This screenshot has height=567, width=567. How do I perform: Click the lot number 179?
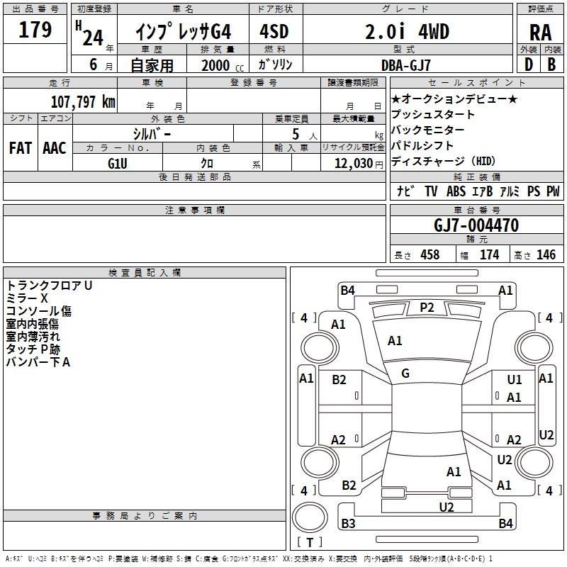35,30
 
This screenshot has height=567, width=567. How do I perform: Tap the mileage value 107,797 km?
83,101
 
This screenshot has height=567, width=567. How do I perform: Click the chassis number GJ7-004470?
476,226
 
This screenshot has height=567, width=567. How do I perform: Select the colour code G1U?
118,162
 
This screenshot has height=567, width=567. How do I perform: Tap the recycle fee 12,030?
352,163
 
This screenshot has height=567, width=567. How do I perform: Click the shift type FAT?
20,148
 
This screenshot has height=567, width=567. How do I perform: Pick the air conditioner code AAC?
54,148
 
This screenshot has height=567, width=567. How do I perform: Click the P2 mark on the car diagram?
427,307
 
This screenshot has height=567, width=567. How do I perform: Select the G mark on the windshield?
405,373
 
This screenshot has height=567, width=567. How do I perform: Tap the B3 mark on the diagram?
348,524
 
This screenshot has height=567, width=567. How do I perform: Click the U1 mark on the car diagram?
514,380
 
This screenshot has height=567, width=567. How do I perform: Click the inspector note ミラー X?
28,298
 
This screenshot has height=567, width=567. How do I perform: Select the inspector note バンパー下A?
38,362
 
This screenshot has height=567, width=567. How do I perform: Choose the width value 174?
489,254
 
